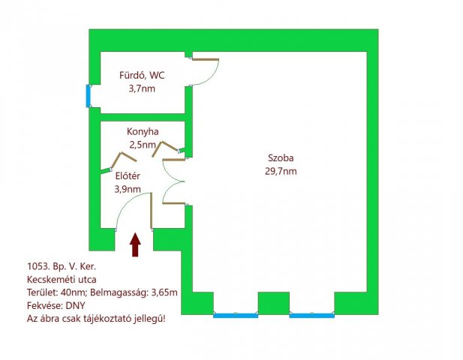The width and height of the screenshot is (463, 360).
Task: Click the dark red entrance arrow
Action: point(135,244)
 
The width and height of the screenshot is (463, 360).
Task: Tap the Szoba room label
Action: point(281,157)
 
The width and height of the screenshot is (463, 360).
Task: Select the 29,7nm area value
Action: point(281,171)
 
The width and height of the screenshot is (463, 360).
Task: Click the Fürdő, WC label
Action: point(142,76)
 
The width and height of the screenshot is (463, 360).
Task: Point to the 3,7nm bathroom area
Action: point(142,88)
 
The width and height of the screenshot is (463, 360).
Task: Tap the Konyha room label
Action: point(143,131)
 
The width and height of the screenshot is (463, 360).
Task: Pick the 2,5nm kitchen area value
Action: point(143,145)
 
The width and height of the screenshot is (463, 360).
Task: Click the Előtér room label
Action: point(128,176)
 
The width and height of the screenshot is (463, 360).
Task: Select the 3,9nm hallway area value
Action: point(128,189)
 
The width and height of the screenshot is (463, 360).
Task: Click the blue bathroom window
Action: point(88,96)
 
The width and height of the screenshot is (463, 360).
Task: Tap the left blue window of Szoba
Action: point(236,316)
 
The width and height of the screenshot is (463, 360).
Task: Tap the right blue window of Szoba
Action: point(312,316)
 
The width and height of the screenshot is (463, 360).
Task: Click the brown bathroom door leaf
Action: point(206,59)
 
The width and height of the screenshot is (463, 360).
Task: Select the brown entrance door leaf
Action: point(151,211)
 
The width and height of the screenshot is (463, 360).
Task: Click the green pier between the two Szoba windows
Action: point(274,303)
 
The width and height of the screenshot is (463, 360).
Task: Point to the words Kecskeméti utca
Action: point(62,280)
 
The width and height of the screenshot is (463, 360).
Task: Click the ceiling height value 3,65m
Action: point(164,292)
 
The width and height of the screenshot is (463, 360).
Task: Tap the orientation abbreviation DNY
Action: point(75,305)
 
